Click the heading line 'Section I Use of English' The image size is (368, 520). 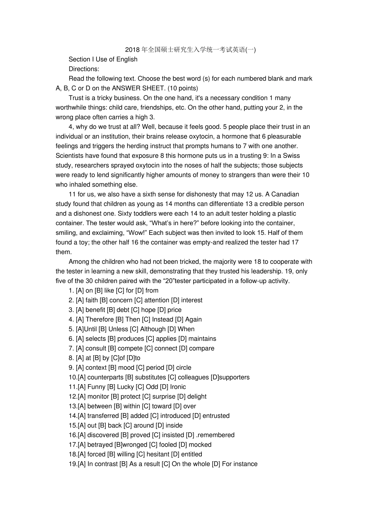pos(103,59)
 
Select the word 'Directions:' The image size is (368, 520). pos(84,69)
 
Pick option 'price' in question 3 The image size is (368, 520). pos(174,310)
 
